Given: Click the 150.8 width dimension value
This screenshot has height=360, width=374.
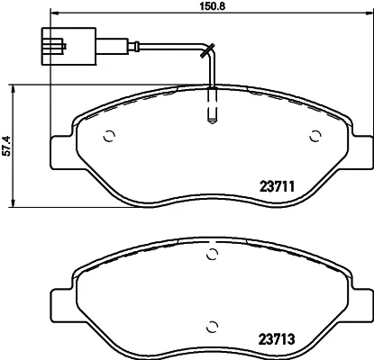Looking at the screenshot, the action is pyautogui.click(x=213, y=6).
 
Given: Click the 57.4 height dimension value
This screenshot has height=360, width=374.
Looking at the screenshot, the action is pyautogui.click(x=6, y=146).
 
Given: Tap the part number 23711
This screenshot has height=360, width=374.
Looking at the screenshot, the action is pyautogui.click(x=277, y=187).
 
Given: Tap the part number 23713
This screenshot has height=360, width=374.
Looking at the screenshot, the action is pyautogui.click(x=277, y=339).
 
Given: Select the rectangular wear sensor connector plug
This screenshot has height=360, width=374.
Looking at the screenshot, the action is pyautogui.click(x=68, y=46).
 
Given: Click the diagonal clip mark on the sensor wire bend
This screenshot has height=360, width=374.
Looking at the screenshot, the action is pyautogui.click(x=207, y=50).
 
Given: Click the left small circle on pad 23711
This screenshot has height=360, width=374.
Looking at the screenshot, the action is pyautogui.click(x=109, y=137).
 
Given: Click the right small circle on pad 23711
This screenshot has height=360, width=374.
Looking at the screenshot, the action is pyautogui.click(x=315, y=137).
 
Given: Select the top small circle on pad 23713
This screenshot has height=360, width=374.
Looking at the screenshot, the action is pyautogui.click(x=213, y=255).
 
